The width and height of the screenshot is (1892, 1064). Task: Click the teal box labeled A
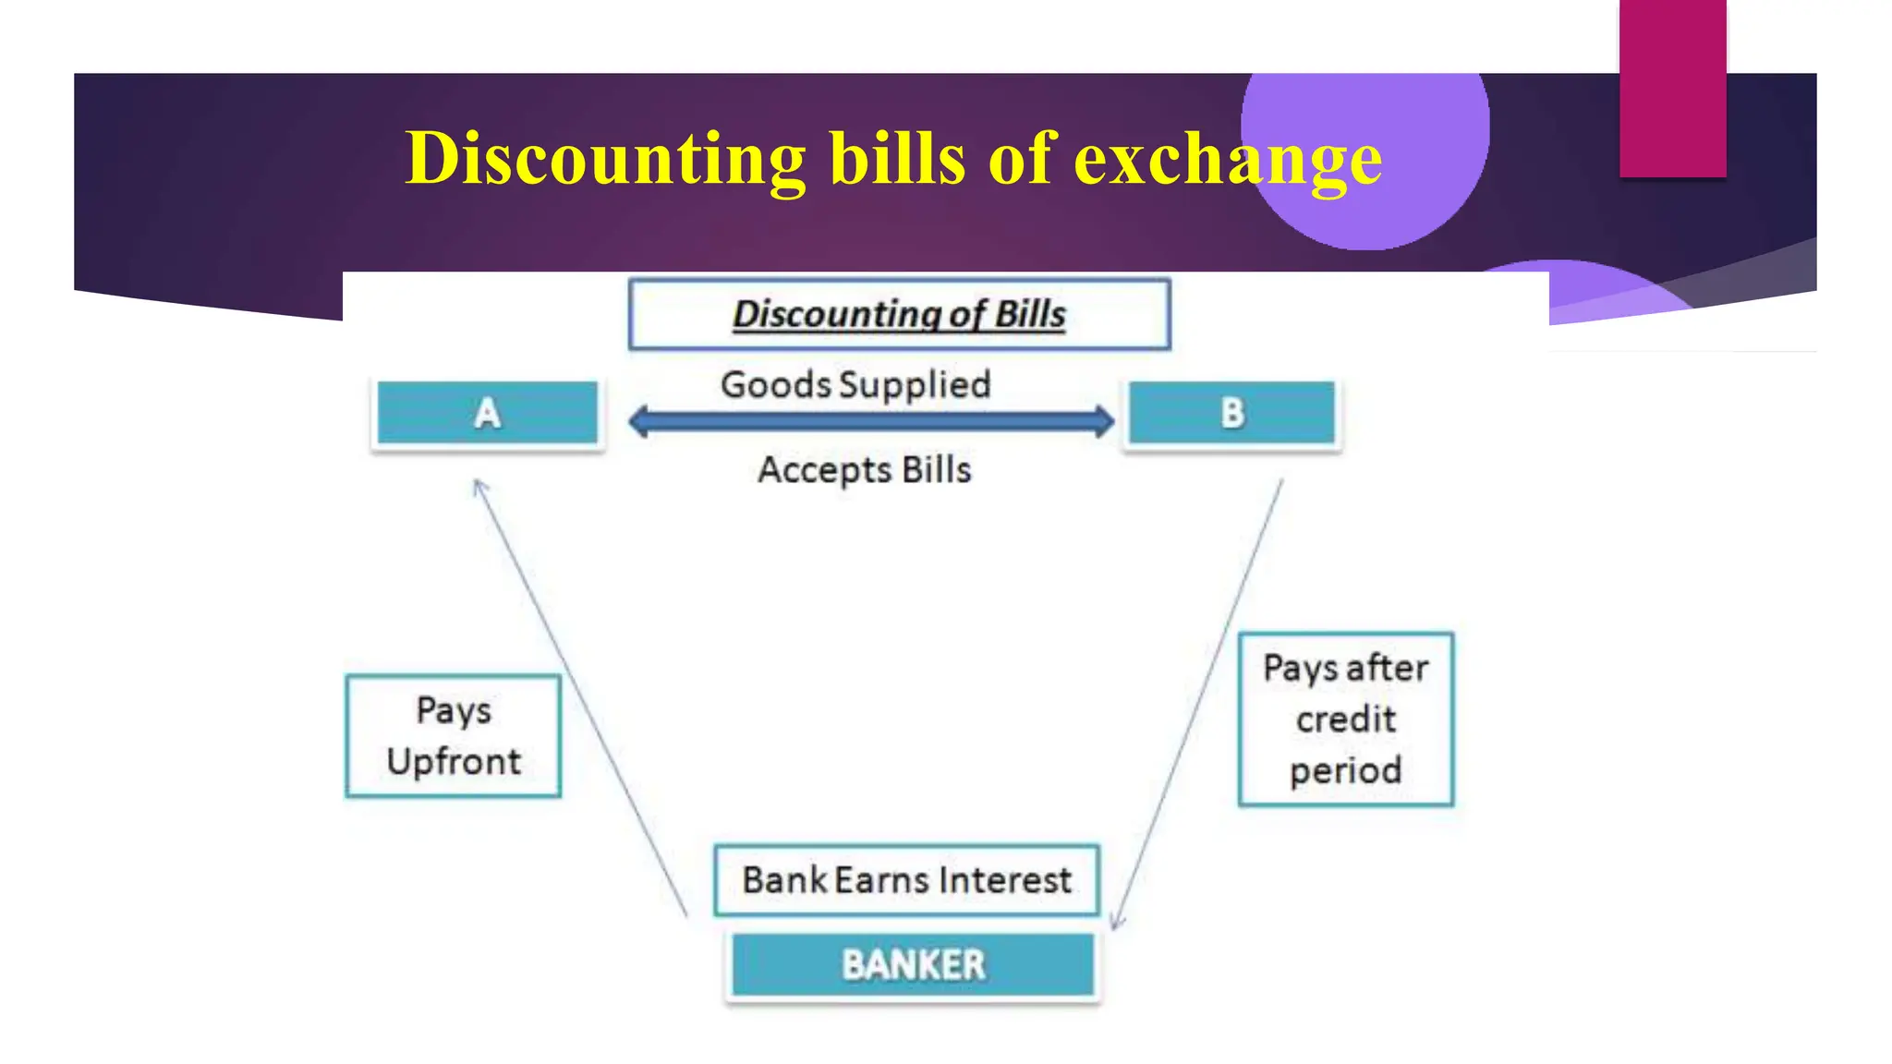(x=487, y=413)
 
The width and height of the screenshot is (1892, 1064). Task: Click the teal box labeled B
(x=1231, y=413)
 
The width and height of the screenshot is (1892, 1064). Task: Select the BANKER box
(x=913, y=965)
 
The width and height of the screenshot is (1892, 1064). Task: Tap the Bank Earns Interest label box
(x=906, y=880)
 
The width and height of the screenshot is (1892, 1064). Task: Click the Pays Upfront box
(x=453, y=736)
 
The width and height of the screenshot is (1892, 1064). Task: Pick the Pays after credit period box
(x=1345, y=719)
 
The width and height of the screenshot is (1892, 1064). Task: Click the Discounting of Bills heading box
(x=899, y=314)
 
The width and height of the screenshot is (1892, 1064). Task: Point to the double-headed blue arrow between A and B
(x=870, y=422)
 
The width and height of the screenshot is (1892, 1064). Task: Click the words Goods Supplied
(x=855, y=384)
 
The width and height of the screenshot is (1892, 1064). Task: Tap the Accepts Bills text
(x=865, y=470)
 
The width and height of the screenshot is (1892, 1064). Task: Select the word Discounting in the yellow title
(x=606, y=159)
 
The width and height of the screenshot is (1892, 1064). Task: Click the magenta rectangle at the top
(x=1672, y=88)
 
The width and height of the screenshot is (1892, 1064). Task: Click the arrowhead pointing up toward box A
(x=479, y=485)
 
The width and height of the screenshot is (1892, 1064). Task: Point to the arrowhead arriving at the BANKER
(x=1116, y=922)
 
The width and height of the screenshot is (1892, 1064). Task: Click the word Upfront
(x=454, y=762)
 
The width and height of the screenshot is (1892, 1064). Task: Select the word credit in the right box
(x=1345, y=719)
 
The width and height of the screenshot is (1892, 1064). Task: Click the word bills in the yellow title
(x=897, y=159)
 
